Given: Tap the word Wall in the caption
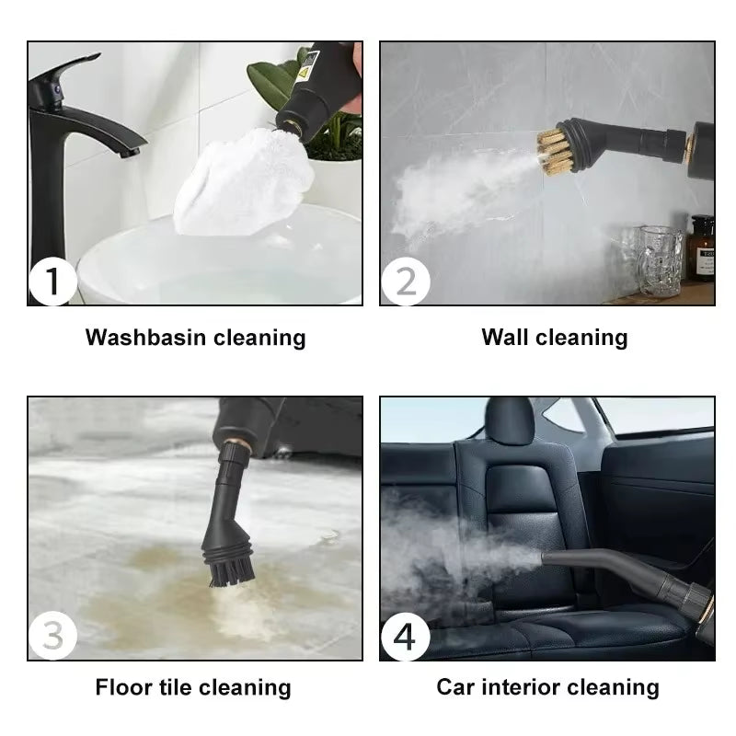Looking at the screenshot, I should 505,338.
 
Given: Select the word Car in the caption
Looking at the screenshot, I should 456,687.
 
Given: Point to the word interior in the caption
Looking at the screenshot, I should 517,687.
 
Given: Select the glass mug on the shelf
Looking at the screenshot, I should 661,260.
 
